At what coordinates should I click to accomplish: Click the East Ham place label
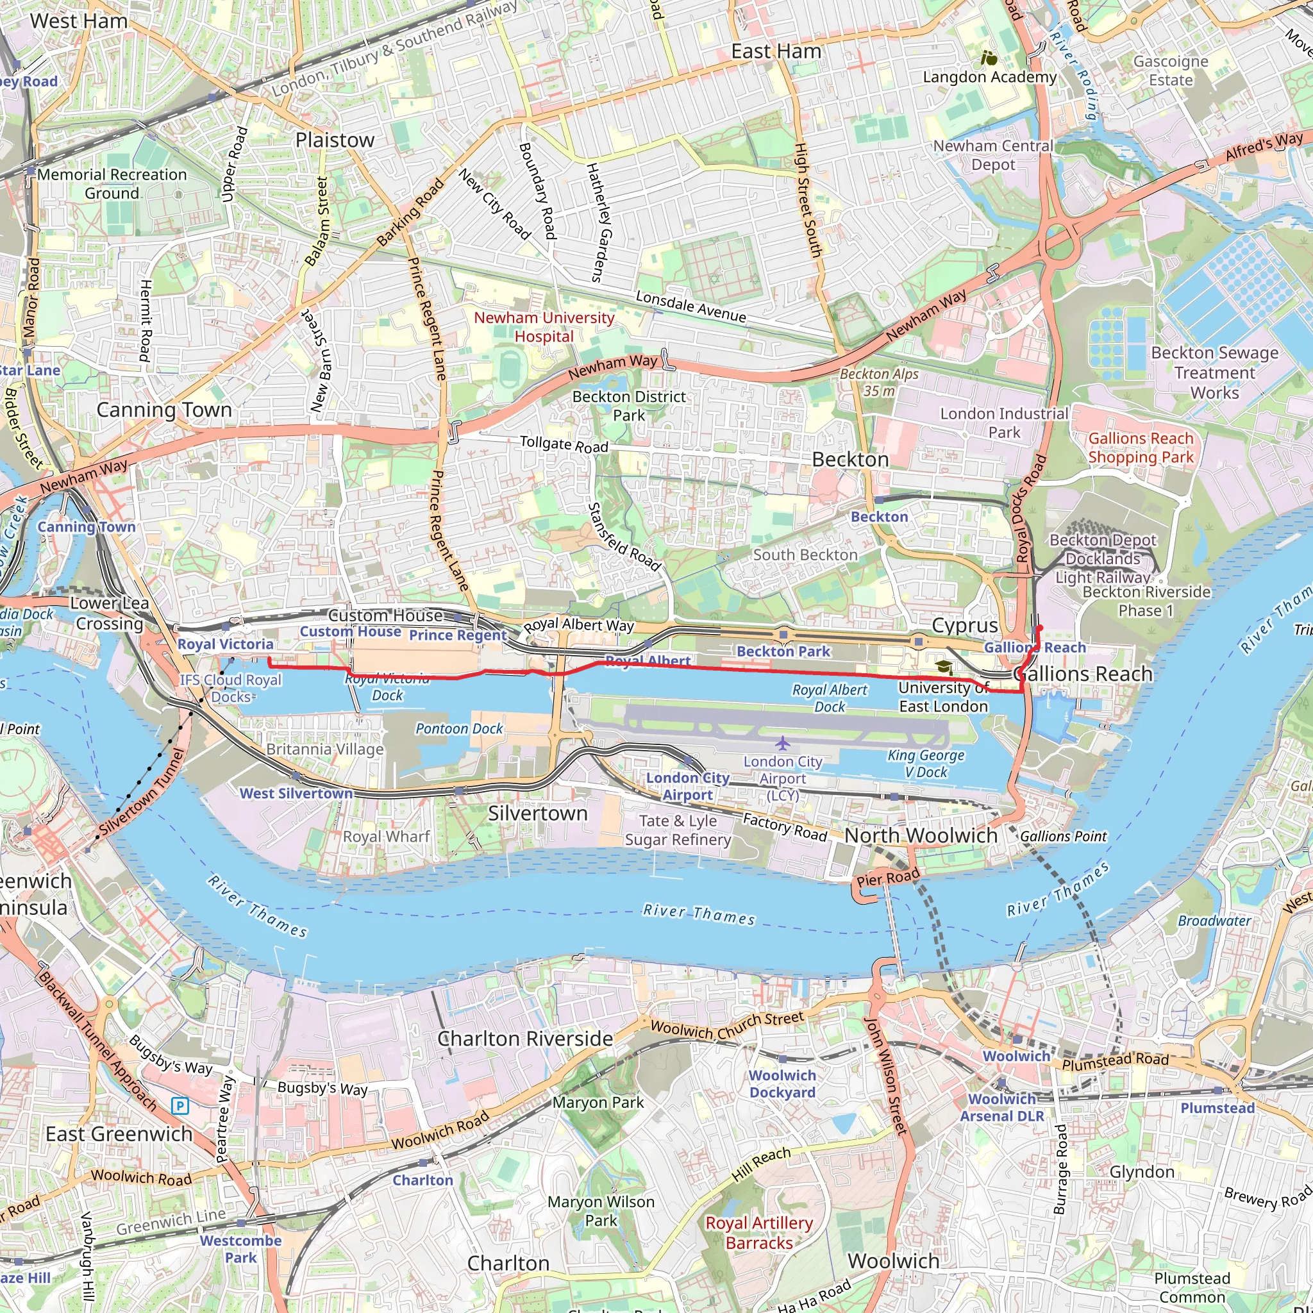tap(776, 52)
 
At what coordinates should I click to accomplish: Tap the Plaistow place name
tap(335, 140)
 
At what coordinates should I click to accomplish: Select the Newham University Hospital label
tap(544, 327)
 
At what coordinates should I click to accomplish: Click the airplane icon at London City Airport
tap(782, 742)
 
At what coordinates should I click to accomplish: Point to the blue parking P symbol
tap(180, 1106)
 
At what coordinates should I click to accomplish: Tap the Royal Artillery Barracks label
tap(759, 1232)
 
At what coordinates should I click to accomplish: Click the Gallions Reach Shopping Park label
tap(1141, 448)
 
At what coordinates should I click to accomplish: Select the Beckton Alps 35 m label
tap(879, 382)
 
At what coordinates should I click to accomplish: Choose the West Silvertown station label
tap(296, 793)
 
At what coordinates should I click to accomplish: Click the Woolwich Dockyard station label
tap(782, 1083)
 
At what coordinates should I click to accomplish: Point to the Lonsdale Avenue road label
tap(690, 306)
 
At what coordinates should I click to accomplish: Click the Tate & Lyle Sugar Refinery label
tap(678, 830)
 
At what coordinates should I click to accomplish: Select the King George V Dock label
tap(926, 763)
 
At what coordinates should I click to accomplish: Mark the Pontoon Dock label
tap(460, 728)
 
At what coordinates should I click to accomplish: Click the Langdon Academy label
tap(989, 77)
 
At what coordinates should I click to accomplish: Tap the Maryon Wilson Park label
tap(601, 1210)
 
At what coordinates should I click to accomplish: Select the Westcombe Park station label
tap(240, 1248)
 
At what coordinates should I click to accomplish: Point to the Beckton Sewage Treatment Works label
tap(1214, 372)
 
